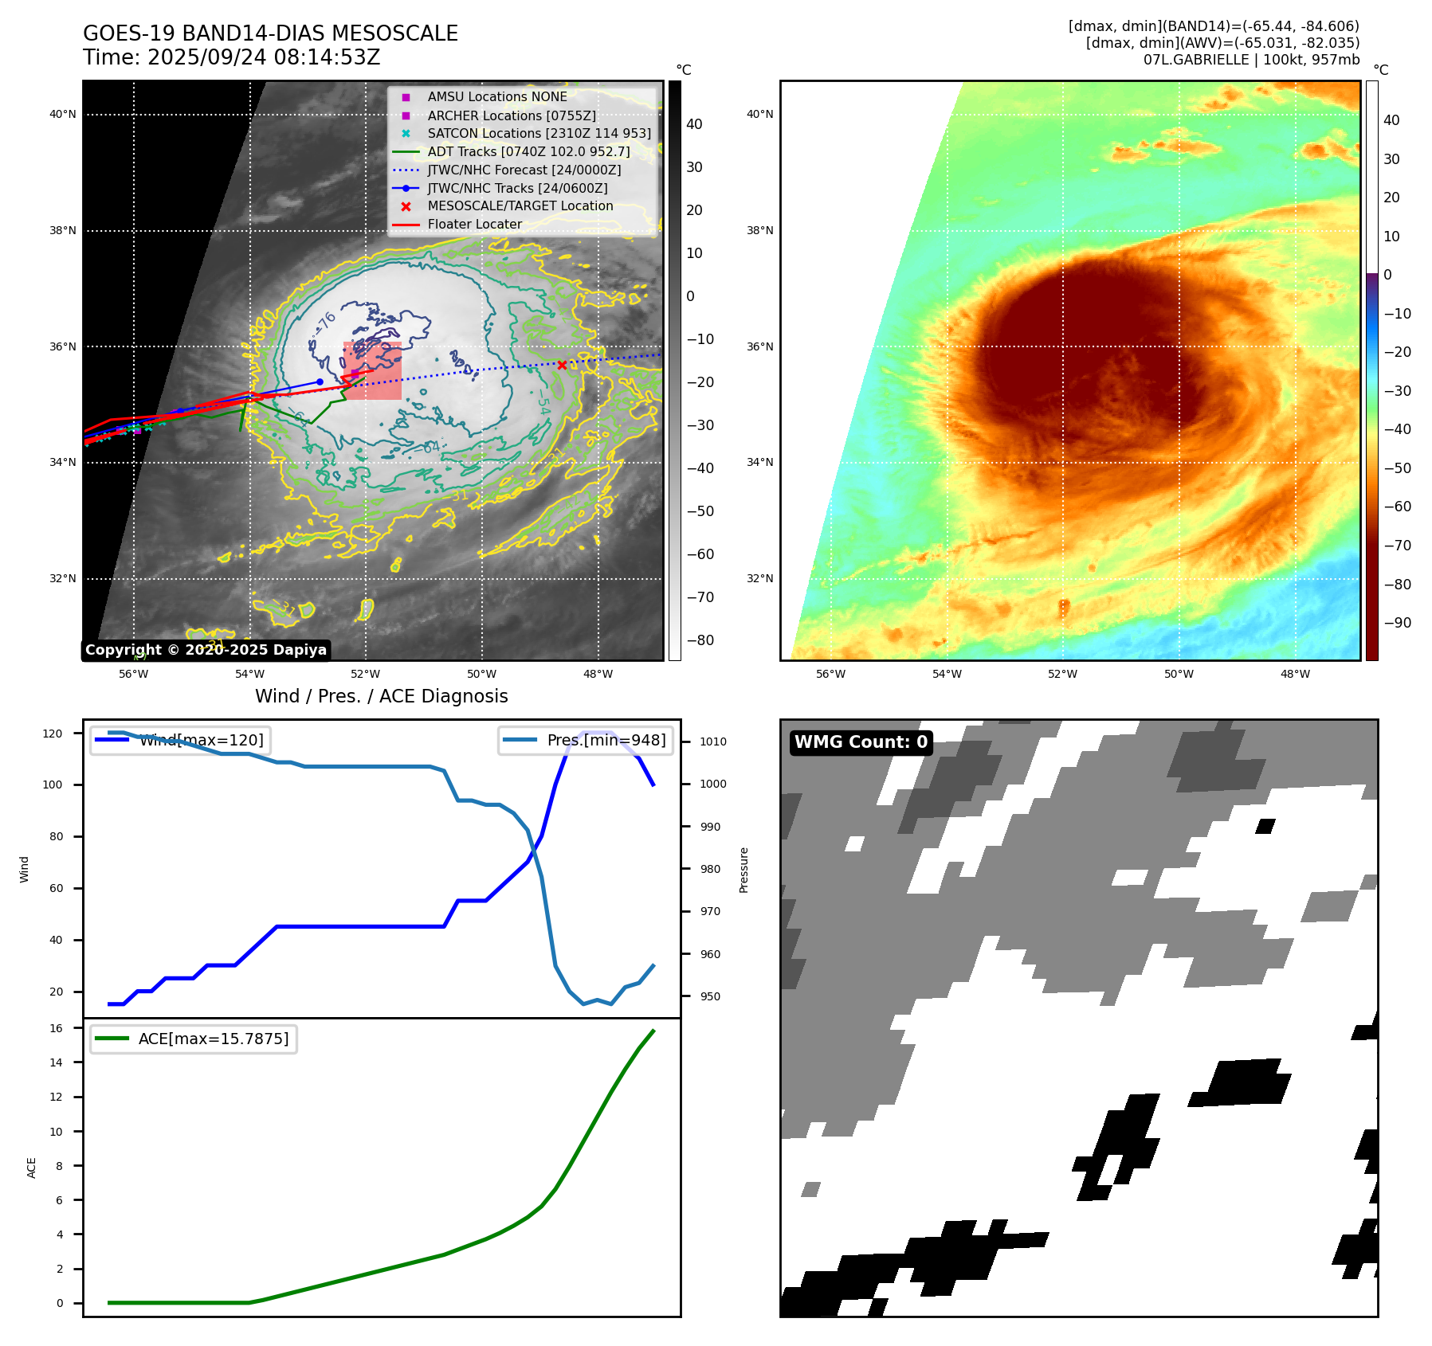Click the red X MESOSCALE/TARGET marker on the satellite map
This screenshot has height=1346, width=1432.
562,365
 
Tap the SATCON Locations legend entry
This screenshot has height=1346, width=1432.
539,134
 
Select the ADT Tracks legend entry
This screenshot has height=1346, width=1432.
528,152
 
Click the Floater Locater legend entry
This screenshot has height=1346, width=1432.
474,225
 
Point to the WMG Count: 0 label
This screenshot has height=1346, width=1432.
861,742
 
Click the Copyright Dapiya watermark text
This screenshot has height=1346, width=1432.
206,650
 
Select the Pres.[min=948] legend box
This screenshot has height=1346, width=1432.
585,740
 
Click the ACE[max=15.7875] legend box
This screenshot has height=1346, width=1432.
194,1039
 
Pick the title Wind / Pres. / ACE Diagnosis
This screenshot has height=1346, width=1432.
381,696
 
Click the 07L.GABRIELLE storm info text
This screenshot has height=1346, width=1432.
1251,60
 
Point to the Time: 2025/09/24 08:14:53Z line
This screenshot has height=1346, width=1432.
231,57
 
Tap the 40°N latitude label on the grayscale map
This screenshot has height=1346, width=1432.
63,114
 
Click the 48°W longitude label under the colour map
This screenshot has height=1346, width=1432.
1295,674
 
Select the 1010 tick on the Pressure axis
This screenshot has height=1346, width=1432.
713,741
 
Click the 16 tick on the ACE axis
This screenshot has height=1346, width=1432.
57,1028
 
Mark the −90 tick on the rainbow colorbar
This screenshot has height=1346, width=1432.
1397,623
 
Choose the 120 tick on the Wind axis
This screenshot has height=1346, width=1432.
53,734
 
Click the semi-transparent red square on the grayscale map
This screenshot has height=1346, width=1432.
373,370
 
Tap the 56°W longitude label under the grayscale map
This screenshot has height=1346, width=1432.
133,674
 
